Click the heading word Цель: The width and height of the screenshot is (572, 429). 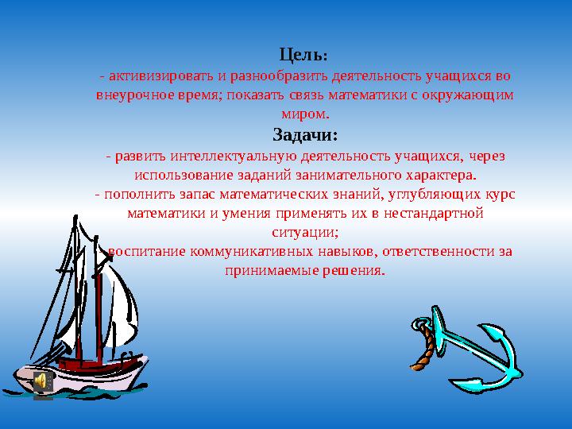coord(304,56)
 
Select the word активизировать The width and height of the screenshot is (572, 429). coord(162,75)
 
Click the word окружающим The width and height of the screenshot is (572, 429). coord(470,95)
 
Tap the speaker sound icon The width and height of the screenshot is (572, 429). coord(44,382)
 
